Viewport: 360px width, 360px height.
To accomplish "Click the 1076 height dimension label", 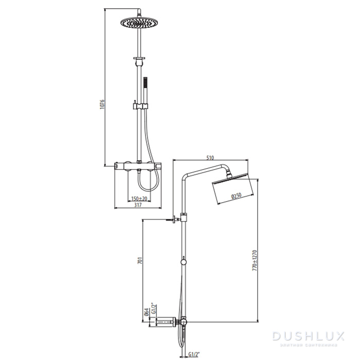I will point(102,105).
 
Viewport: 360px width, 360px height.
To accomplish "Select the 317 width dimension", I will point(138,205).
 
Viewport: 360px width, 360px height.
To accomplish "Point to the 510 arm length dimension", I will point(210,157).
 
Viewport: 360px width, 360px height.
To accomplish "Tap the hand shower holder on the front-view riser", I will point(139,106).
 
